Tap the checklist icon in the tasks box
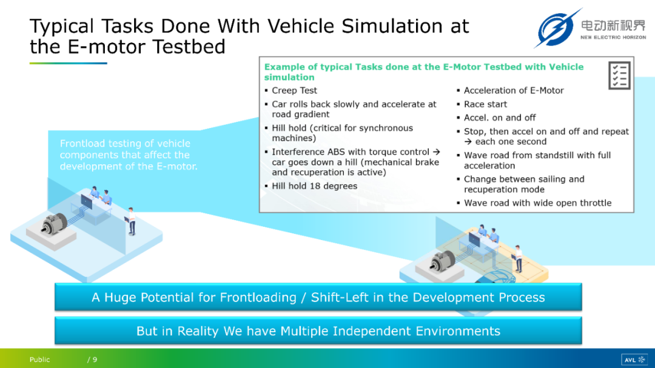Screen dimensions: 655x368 (619, 75)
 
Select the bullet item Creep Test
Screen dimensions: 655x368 (294, 91)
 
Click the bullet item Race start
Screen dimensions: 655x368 (485, 104)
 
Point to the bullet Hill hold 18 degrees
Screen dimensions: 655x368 (314, 186)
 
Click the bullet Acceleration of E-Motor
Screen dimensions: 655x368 (514, 91)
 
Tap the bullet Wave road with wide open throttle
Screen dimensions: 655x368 (537, 203)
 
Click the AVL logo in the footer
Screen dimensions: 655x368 (634, 360)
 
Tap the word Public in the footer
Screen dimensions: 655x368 (39, 360)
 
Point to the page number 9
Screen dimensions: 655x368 (95, 360)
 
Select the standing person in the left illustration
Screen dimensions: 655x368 (131, 221)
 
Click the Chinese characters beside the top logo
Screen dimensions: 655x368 (613, 25)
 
